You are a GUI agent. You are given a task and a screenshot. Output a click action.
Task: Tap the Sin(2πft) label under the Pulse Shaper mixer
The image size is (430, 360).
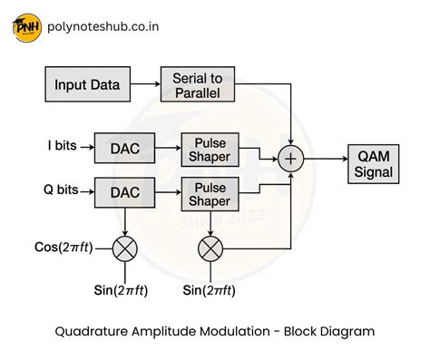[x=210, y=290]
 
